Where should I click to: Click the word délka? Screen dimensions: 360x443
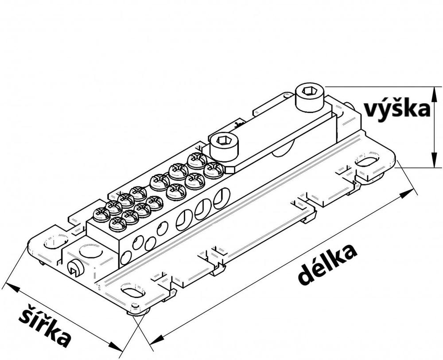(x=327, y=264)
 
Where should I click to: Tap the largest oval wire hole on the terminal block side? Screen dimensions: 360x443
(x=221, y=198)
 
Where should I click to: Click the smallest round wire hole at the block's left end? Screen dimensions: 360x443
(x=126, y=257)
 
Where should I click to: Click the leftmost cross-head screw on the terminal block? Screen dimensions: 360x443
(x=101, y=215)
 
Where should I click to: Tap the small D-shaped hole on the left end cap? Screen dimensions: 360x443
(x=74, y=268)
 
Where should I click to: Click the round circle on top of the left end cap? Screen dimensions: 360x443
(x=90, y=251)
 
